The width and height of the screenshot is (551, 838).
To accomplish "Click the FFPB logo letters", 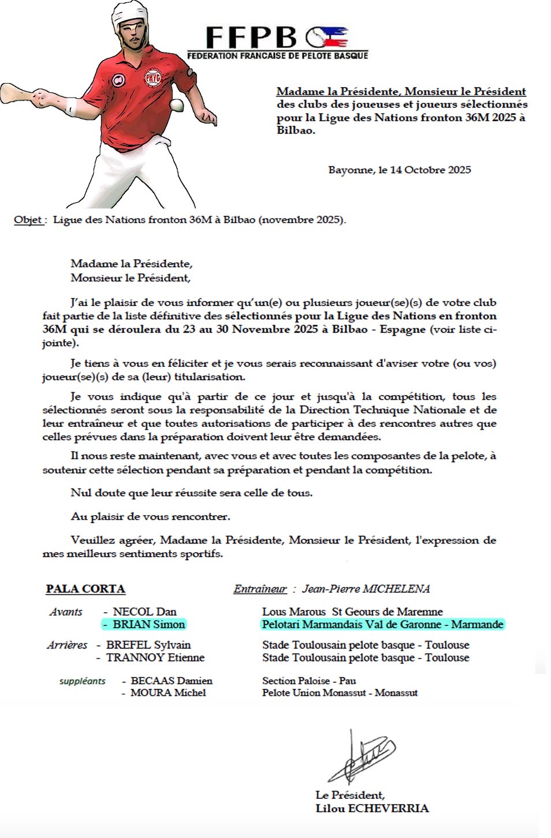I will point(251,38).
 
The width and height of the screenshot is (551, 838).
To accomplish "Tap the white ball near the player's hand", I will point(177,105).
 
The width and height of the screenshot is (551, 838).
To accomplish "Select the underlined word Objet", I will point(28,220).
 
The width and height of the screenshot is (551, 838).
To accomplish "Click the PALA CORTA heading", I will point(85,589).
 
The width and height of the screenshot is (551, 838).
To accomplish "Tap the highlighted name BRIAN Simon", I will point(148,624).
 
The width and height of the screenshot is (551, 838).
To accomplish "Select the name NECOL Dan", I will point(144,612).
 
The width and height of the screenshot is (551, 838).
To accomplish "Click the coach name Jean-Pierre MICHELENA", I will point(366,589).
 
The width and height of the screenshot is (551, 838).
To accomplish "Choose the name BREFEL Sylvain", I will point(148,645).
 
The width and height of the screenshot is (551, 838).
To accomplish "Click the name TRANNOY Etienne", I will point(155,658).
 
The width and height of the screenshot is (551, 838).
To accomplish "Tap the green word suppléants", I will point(82,681).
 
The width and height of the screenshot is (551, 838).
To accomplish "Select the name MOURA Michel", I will point(168,693).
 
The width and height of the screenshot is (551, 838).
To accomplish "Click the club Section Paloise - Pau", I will point(309,681).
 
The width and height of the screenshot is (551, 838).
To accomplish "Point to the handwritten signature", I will point(360,757).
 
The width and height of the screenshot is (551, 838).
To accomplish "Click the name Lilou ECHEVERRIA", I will point(372,809).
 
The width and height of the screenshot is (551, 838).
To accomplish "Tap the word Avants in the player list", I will point(66,612).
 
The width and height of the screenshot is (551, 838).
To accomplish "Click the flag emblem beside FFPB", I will point(327,38).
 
